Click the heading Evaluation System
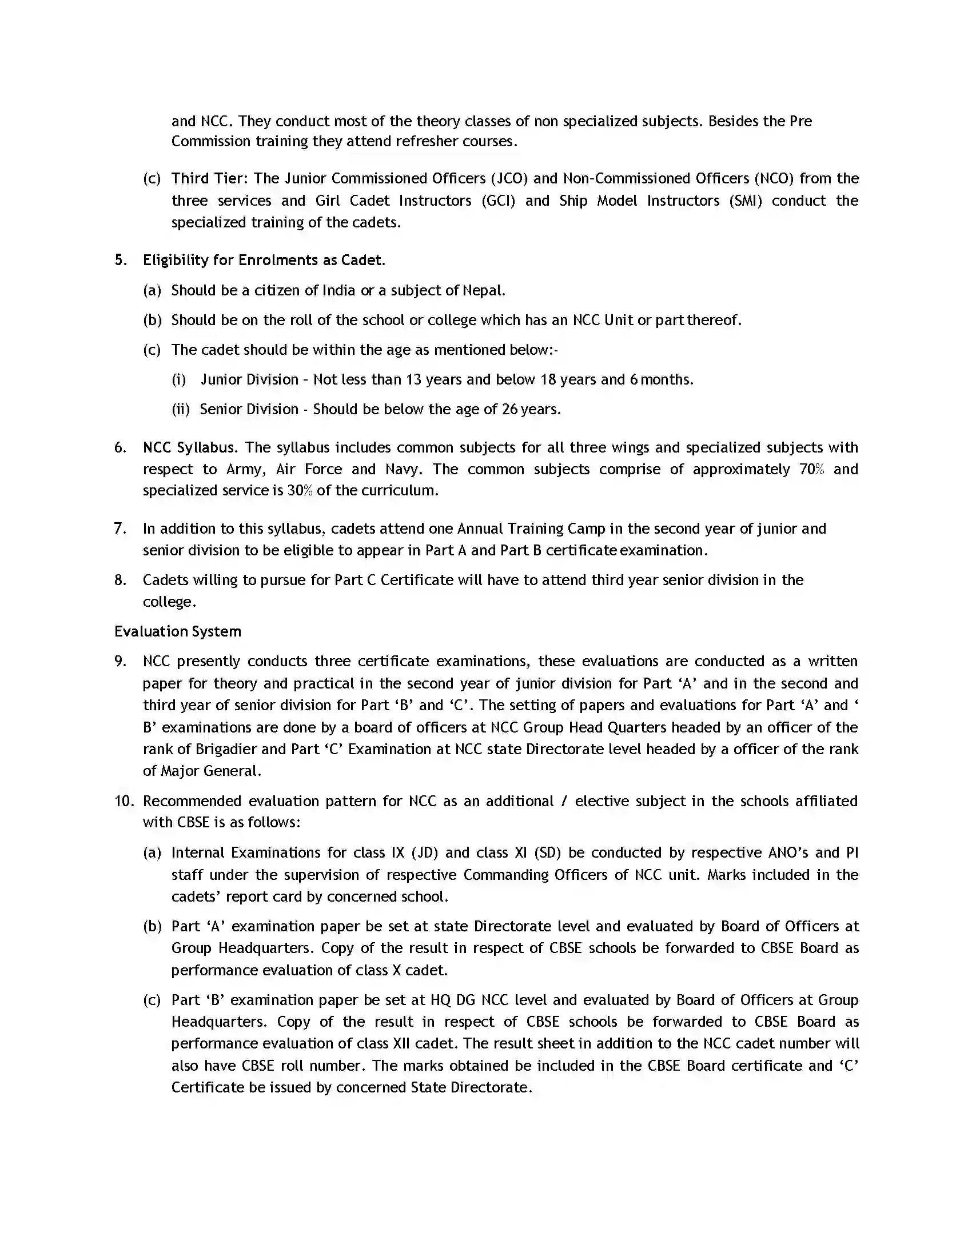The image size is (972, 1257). (x=177, y=631)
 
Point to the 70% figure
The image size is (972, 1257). (x=811, y=469)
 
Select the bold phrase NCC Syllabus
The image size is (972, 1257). (x=189, y=447)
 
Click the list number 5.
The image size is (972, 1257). (x=119, y=260)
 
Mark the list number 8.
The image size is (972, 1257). (x=119, y=579)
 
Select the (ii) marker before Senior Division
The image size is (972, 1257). (x=180, y=409)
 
